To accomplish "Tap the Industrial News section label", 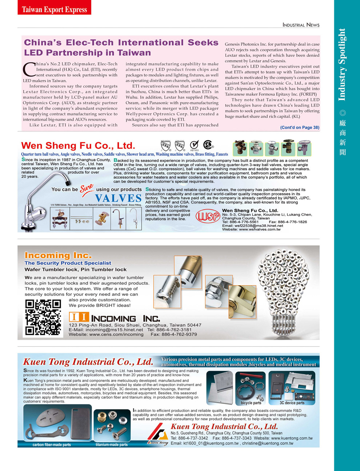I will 301,25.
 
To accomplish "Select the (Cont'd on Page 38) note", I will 299,128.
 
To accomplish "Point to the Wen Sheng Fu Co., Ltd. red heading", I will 78,146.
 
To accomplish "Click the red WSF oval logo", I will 208,217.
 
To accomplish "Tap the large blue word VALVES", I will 118,198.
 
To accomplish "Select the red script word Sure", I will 87,188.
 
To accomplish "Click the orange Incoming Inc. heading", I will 58,255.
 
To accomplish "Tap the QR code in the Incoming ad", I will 43,317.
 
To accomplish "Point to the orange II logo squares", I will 79,317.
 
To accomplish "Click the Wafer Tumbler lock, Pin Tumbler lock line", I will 75,270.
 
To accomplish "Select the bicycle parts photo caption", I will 251,403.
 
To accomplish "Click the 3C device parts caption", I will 292,403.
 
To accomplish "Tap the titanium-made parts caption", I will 112,444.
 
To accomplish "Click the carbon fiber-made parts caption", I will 52,444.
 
